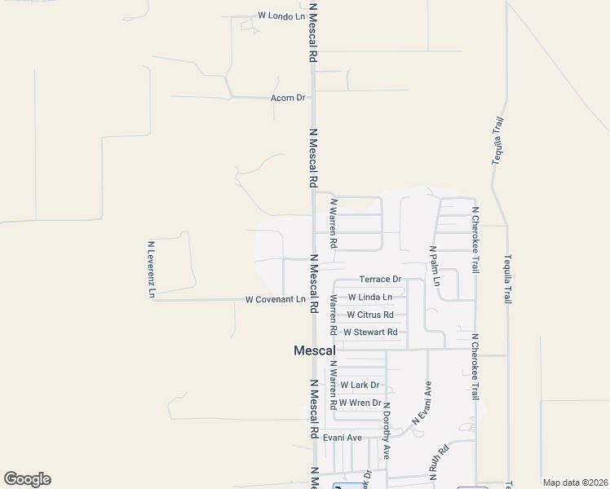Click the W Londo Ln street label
281,15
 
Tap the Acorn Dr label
288,98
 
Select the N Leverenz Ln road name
152,269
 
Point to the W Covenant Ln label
275,300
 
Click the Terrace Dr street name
381,280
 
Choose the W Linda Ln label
369,297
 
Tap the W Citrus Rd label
370,315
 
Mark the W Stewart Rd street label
370,333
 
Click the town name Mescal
314,350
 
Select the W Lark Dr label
360,385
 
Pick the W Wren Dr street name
360,403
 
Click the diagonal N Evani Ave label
423,403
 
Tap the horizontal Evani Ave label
342,438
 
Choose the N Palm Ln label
435,267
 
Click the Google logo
27,479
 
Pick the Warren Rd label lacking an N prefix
333,315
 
